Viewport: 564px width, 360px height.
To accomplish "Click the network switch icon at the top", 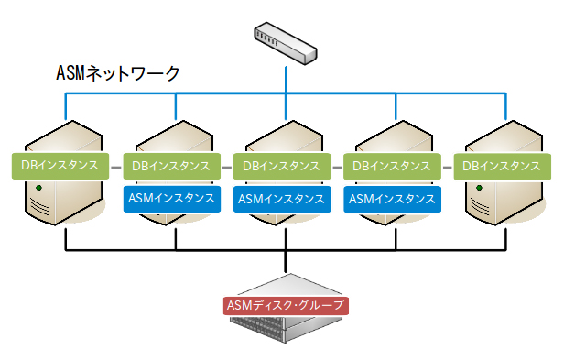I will point(287,44).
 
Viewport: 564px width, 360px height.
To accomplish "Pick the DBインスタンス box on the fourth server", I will point(392,166).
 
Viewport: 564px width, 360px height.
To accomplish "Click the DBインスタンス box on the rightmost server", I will point(502,166).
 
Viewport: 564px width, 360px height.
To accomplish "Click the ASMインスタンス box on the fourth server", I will point(392,197).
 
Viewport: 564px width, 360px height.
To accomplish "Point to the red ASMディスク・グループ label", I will point(287,304).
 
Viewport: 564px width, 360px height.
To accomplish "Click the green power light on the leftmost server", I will point(38,188).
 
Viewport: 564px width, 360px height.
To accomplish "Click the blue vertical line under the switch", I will point(287,78).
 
